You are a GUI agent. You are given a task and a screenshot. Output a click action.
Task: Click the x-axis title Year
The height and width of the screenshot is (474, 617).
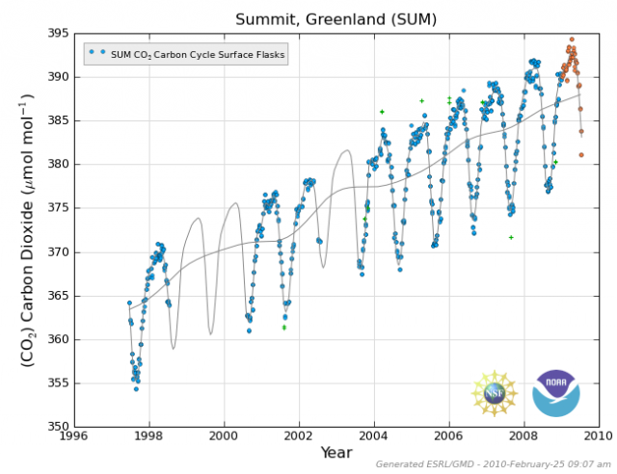(335, 454)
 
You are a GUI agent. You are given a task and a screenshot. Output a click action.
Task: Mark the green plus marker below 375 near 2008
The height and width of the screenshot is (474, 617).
(511, 237)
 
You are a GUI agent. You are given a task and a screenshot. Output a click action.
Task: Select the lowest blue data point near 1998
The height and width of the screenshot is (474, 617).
(136, 388)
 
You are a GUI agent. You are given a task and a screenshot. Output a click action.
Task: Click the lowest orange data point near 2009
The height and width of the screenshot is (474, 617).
(581, 154)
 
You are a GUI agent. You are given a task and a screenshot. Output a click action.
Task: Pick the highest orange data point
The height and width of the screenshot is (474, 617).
(572, 39)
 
